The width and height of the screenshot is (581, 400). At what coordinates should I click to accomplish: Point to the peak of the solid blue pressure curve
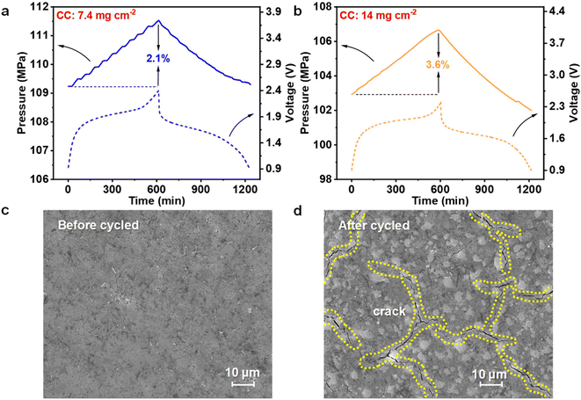click(x=157, y=21)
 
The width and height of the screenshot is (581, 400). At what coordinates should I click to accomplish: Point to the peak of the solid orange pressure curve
click(x=439, y=30)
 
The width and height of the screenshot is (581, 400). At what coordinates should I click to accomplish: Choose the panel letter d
click(x=301, y=212)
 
